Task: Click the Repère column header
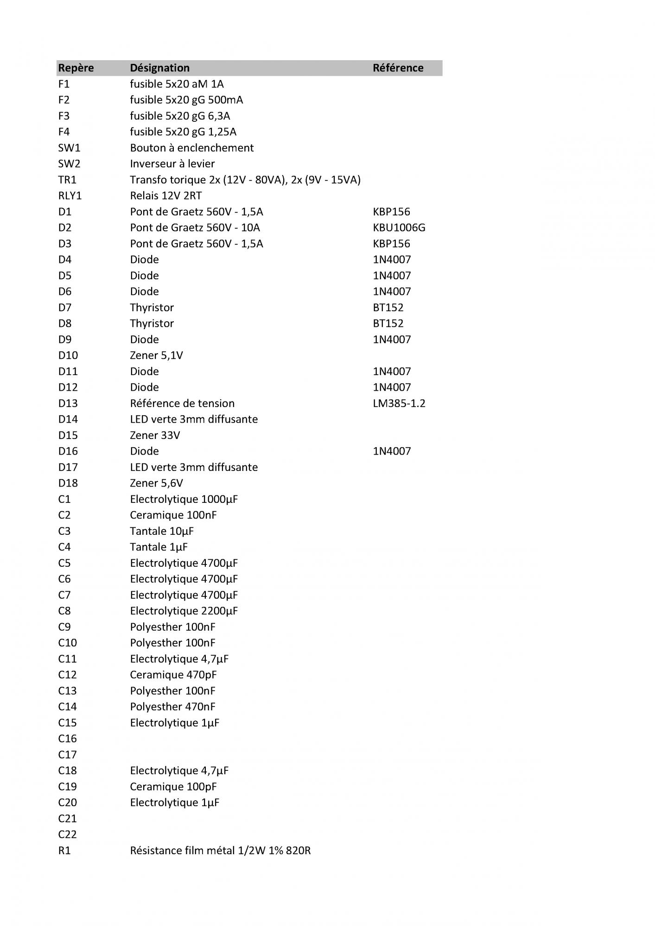[x=76, y=68]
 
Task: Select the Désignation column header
[x=159, y=68]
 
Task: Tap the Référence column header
[x=398, y=68]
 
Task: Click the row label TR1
[x=67, y=180]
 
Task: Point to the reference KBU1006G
[x=399, y=228]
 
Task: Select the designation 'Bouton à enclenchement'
[x=191, y=148]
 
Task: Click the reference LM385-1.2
[x=399, y=403]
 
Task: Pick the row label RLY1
[x=70, y=196]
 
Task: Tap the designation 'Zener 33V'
[x=155, y=435]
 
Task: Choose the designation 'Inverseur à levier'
[x=172, y=164]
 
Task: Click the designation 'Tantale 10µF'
[x=162, y=531]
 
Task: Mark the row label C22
[x=67, y=834]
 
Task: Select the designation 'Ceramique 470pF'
[x=173, y=675]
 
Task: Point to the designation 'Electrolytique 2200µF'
[x=184, y=611]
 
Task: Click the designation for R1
[x=220, y=851]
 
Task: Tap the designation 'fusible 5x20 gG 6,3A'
[x=180, y=116]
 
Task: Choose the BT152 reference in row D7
[x=388, y=307]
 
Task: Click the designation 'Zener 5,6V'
[x=156, y=483]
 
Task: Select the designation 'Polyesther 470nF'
[x=172, y=707]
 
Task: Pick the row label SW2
[x=69, y=164]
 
